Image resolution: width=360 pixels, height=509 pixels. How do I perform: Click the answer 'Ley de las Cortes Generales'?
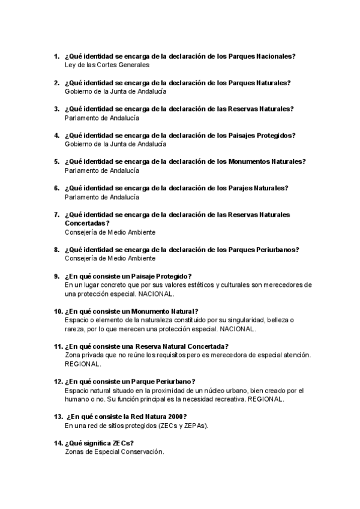[x=106, y=65]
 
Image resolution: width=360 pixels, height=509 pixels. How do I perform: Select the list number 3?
[x=56, y=109]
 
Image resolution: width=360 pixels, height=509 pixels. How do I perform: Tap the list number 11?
[x=58, y=346]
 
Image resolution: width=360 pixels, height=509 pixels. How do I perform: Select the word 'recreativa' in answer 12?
[x=227, y=399]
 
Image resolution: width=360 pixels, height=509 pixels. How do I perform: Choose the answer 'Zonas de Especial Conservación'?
[x=113, y=451]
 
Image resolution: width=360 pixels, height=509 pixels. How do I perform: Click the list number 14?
[x=58, y=443]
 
